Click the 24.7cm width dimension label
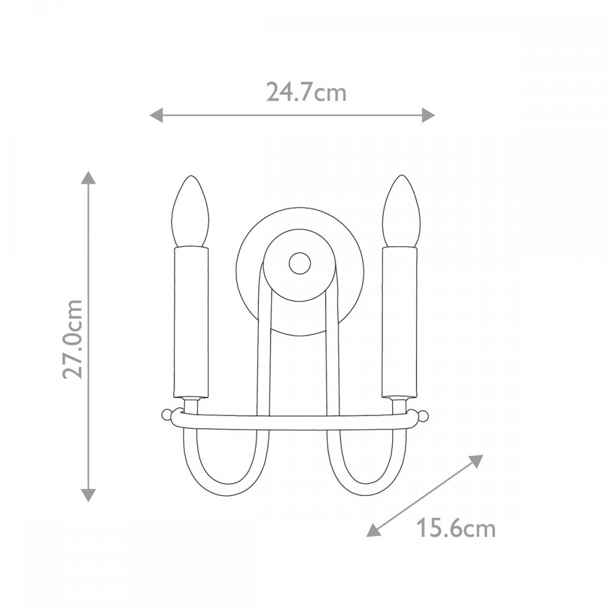[x=306, y=92]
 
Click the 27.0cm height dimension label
[x=73, y=338]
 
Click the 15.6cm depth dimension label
[x=455, y=528]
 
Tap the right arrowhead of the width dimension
[x=428, y=115]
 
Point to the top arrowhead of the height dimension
[x=89, y=178]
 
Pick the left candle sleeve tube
[x=191, y=322]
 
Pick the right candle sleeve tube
[x=399, y=322]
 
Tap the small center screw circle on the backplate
[x=299, y=263]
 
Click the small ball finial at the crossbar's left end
[x=167, y=415]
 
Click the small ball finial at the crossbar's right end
[x=423, y=415]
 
